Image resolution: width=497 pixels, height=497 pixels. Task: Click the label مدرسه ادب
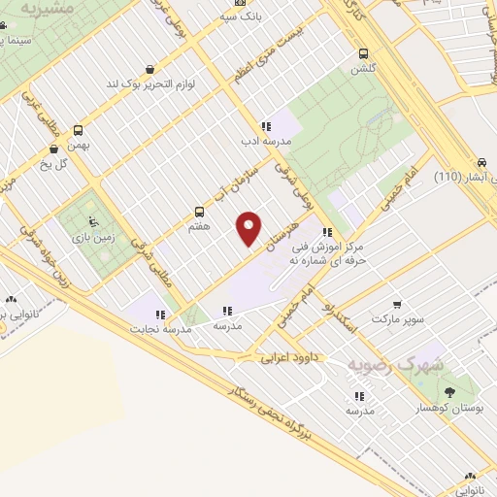265,141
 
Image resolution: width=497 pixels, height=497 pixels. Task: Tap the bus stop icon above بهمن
78,130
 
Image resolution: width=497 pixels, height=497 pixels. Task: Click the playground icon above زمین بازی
92,221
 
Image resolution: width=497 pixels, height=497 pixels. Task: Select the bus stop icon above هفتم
200,211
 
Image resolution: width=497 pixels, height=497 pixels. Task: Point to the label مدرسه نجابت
160,328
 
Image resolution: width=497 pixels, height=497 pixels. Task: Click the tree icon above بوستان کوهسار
449,392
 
